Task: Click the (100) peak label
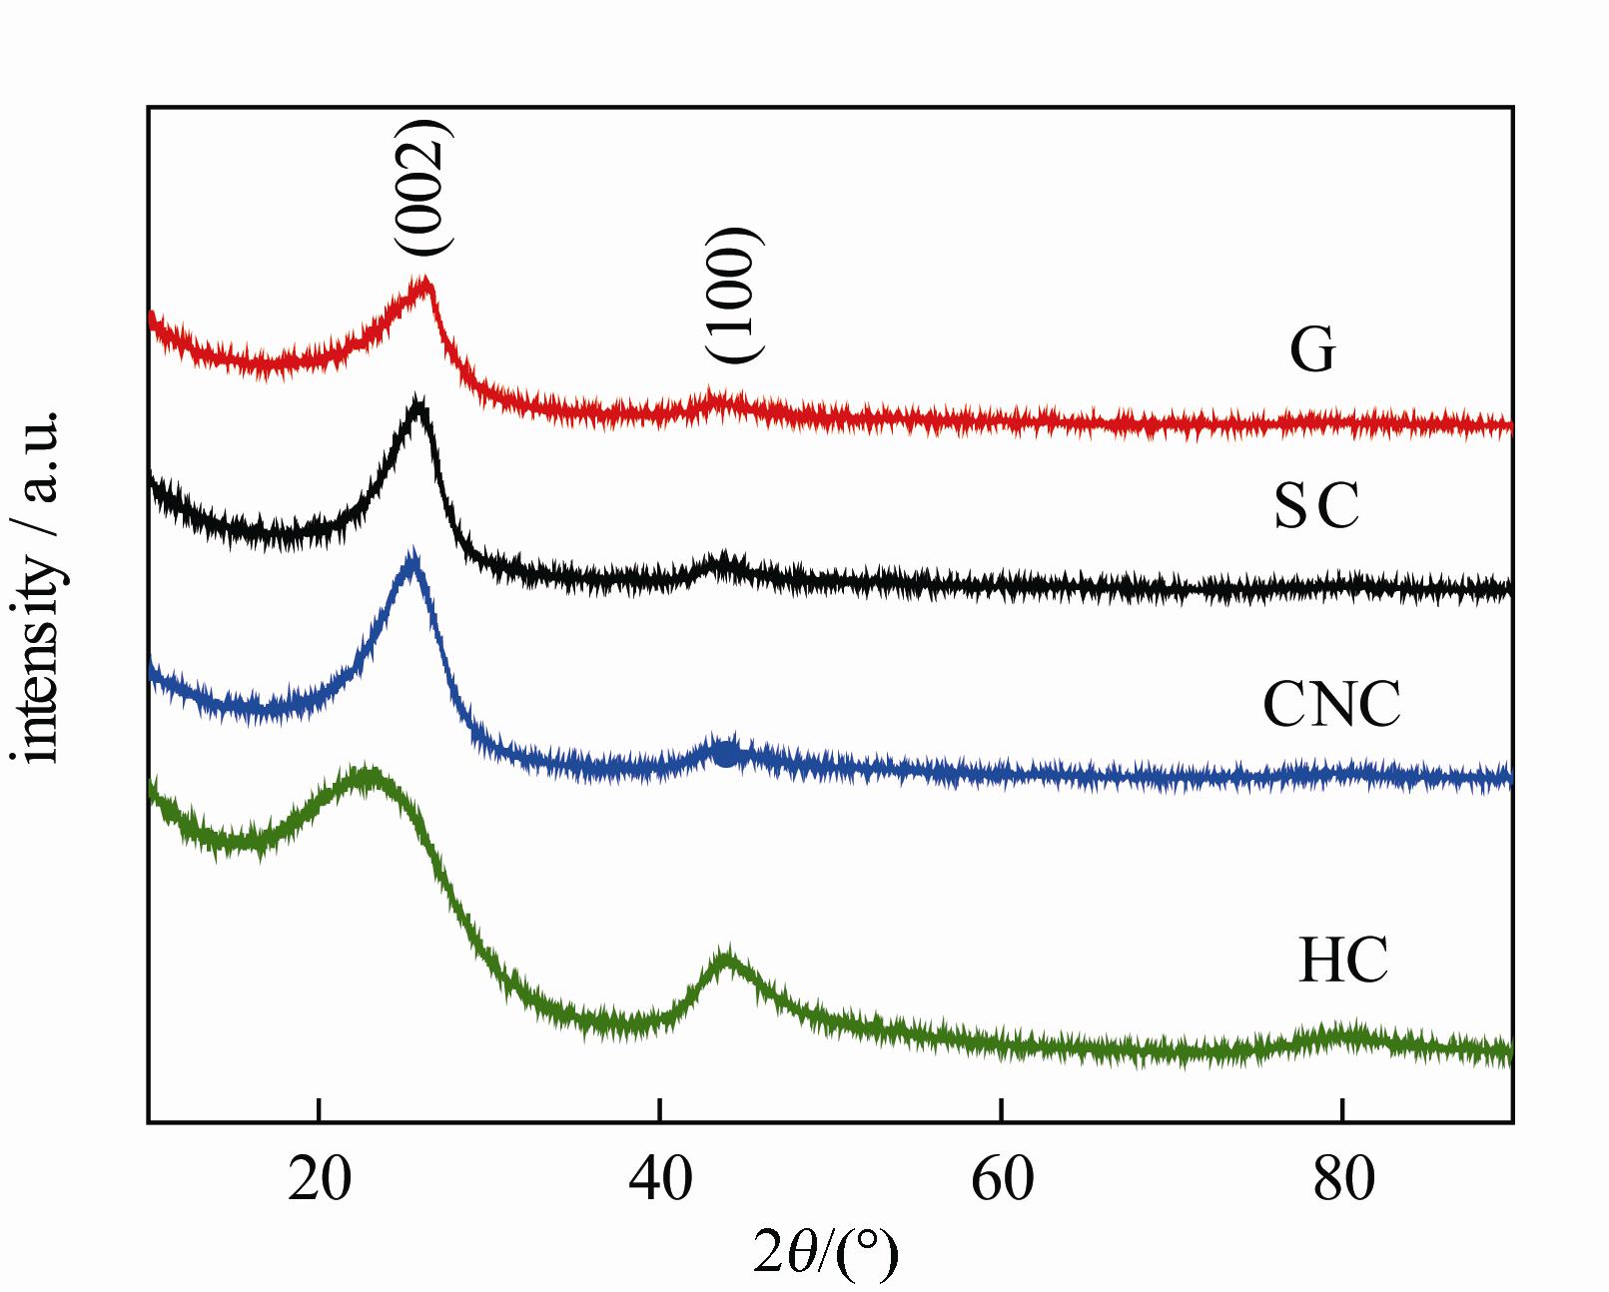[x=734, y=296]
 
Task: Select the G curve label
[x=1312, y=349]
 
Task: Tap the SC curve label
[x=1316, y=505]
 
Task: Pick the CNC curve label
[x=1331, y=705]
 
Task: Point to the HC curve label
[x=1342, y=961]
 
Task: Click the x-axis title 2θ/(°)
[x=826, y=1252]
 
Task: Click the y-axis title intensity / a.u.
[x=40, y=586]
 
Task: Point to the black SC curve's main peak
[x=418, y=404]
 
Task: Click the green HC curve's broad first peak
[x=366, y=775]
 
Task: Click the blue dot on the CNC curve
[x=726, y=755]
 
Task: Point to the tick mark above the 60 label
[x=1001, y=1110]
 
